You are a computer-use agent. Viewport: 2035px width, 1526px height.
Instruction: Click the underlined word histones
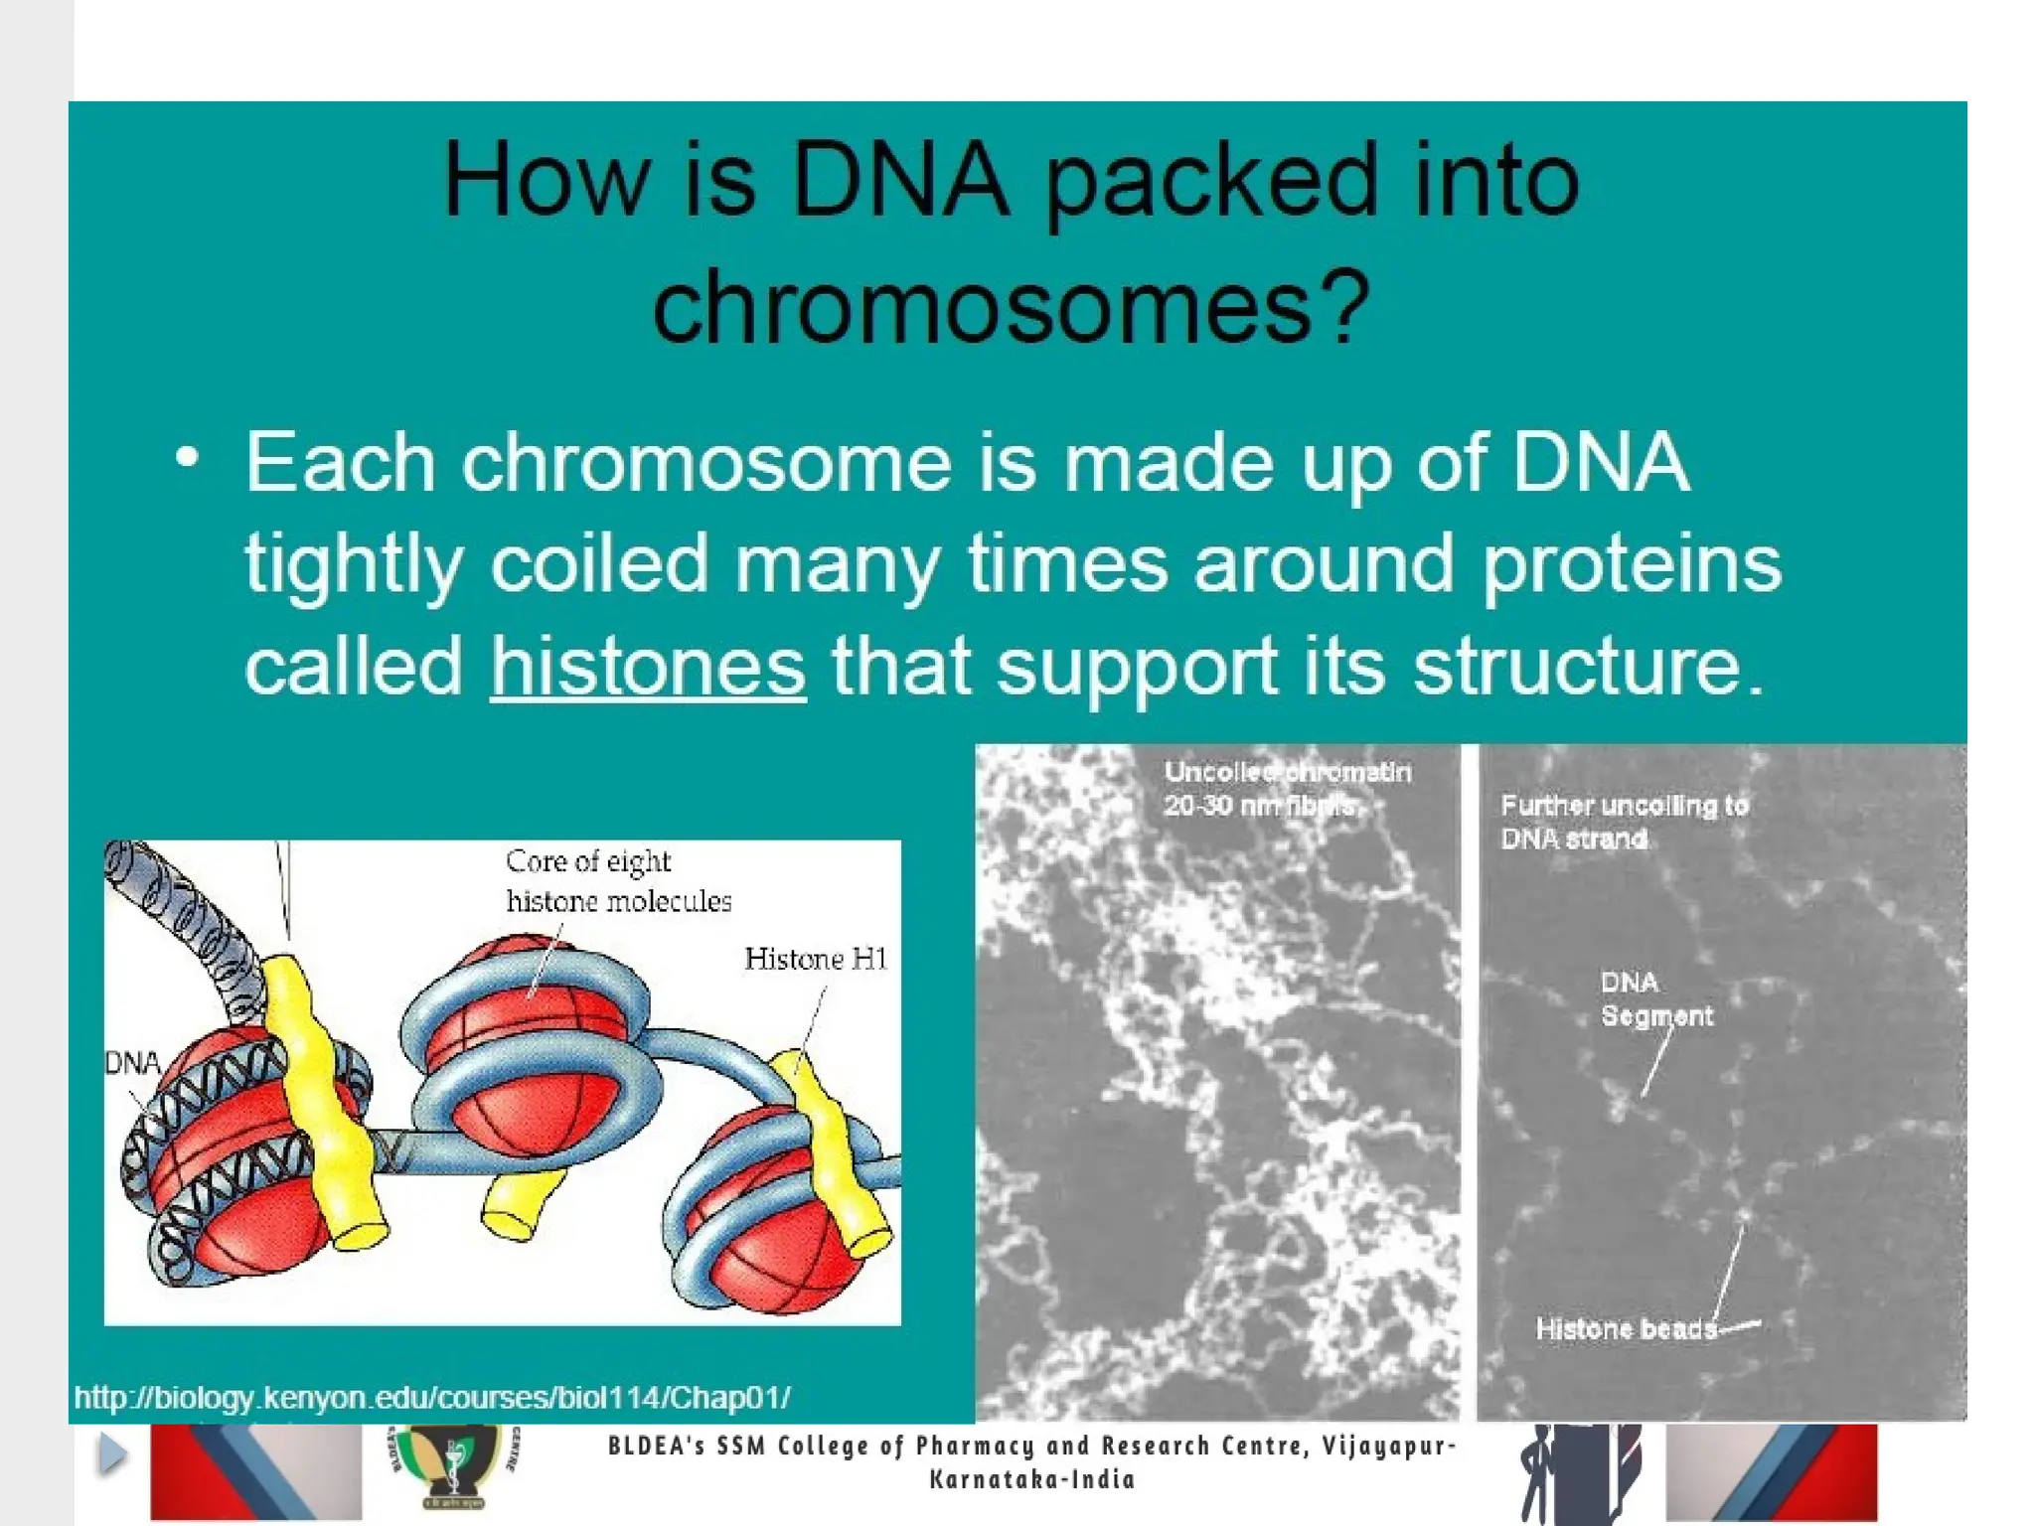click(648, 667)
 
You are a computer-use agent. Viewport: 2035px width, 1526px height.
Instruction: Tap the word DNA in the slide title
click(900, 180)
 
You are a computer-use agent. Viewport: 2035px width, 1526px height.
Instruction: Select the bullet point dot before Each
click(187, 459)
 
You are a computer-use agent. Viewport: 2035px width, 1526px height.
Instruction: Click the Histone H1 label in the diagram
click(815, 959)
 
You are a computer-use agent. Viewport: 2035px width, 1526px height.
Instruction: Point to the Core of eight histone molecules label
click(618, 881)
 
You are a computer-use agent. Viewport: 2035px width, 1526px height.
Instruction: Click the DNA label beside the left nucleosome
click(132, 1063)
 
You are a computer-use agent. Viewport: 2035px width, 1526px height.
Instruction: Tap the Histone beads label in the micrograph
click(1626, 1328)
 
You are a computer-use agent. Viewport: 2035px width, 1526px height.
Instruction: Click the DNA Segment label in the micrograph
click(1655, 999)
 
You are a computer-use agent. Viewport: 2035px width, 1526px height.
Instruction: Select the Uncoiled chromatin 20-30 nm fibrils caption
click(1286, 789)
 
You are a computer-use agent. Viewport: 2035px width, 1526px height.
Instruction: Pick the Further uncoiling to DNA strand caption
click(1623, 822)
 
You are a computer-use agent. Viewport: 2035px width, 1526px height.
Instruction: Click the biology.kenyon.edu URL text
click(432, 1398)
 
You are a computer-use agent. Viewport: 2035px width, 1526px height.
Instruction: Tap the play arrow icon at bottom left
click(112, 1454)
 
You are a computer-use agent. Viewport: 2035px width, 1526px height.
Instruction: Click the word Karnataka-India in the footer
click(1031, 1480)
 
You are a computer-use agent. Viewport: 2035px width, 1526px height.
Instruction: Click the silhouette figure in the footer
click(1578, 1472)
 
